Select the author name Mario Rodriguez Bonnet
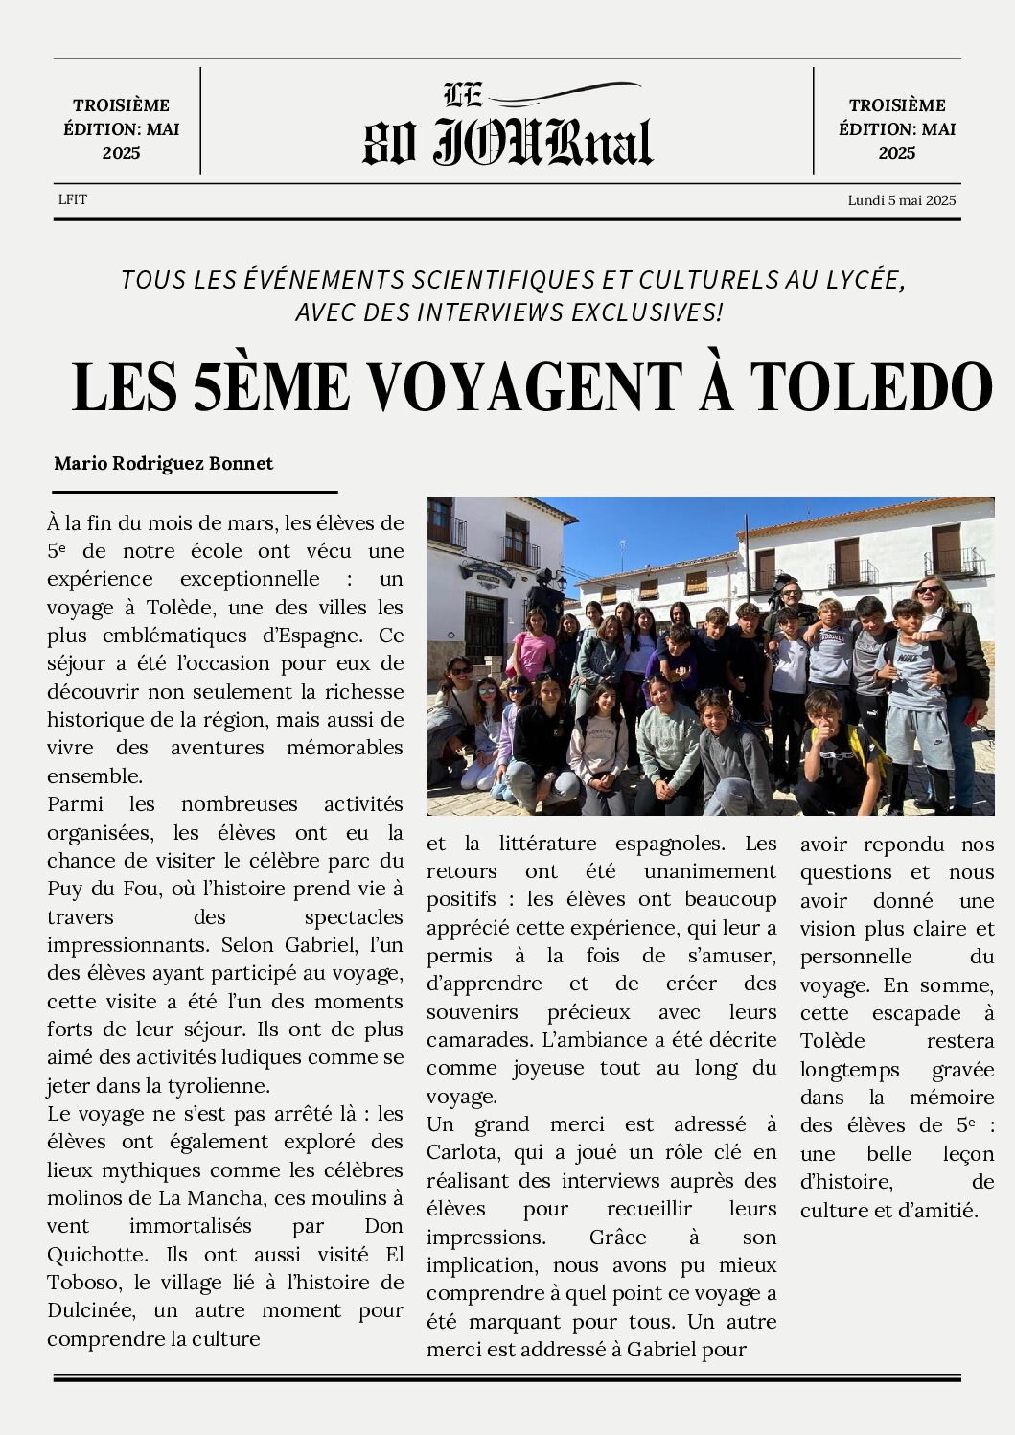pos(163,463)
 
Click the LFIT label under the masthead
pos(72,199)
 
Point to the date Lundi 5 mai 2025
pos(901,200)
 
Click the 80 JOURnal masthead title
pos(507,142)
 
